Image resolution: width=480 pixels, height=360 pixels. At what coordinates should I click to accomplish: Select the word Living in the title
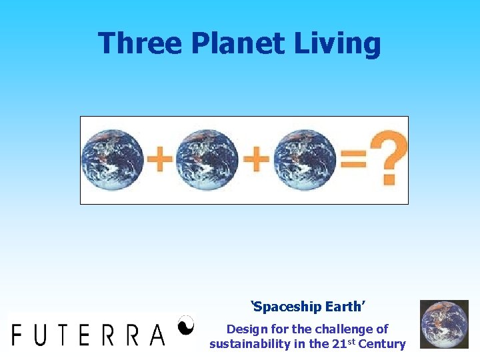pyautogui.click(x=344, y=43)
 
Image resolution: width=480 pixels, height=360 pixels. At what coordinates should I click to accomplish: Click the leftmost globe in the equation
pyautogui.click(x=112, y=160)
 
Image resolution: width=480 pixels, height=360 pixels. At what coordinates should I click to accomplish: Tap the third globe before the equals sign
pyautogui.click(x=304, y=160)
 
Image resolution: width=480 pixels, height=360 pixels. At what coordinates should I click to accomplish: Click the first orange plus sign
pyautogui.click(x=159, y=160)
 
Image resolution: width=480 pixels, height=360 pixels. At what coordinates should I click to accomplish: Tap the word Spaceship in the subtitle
pyautogui.click(x=288, y=307)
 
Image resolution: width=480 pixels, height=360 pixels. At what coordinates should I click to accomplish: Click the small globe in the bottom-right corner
pyautogui.click(x=443, y=324)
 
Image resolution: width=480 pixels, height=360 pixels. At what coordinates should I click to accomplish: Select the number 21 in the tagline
pyautogui.click(x=335, y=344)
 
